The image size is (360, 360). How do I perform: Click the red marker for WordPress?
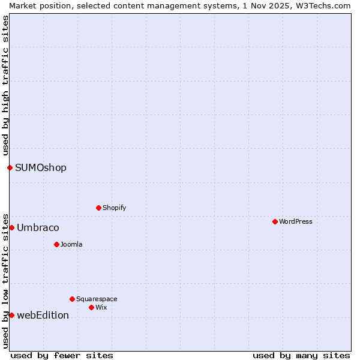(275, 221)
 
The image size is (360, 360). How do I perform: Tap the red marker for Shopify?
(98, 208)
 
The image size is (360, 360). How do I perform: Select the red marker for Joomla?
(56, 244)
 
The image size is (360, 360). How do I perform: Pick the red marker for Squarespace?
(72, 299)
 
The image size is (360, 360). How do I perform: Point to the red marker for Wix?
(91, 307)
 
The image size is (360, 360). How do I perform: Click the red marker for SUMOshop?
(10, 167)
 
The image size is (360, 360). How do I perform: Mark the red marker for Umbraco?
(11, 227)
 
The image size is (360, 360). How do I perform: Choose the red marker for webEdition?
(11, 315)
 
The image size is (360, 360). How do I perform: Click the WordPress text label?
(296, 221)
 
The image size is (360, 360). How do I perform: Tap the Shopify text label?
(115, 208)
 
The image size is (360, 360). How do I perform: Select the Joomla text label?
(71, 244)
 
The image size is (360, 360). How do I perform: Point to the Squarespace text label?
(97, 299)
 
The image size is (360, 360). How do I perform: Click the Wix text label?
(101, 307)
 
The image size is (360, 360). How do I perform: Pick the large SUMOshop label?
(41, 167)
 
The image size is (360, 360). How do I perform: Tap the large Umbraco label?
(38, 227)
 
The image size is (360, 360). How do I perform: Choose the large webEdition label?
(43, 315)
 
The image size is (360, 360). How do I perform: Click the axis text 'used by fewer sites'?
(62, 355)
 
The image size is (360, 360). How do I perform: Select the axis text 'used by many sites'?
(301, 355)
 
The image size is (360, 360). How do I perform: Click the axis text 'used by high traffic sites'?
(5, 85)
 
